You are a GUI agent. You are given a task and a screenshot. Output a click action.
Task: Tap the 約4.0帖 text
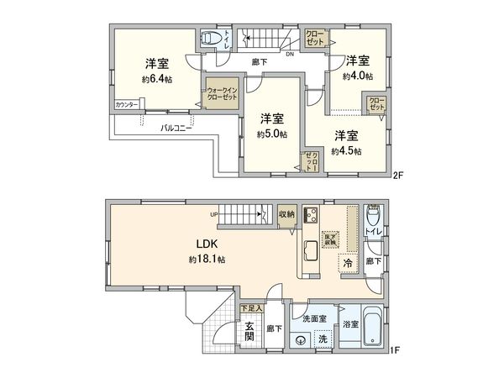point(358,76)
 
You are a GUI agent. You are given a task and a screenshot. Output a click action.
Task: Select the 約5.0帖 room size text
point(272,134)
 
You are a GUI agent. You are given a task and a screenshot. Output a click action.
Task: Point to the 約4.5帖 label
point(345,151)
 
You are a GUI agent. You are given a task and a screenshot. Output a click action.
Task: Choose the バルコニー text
point(177,129)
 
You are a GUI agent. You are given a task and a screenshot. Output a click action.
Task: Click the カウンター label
point(128,106)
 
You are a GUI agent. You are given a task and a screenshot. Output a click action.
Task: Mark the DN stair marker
point(289,55)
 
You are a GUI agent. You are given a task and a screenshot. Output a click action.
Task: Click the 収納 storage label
point(287,215)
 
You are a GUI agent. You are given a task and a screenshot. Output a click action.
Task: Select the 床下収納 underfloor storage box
point(331,239)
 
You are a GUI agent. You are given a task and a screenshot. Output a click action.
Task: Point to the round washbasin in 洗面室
point(301,339)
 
